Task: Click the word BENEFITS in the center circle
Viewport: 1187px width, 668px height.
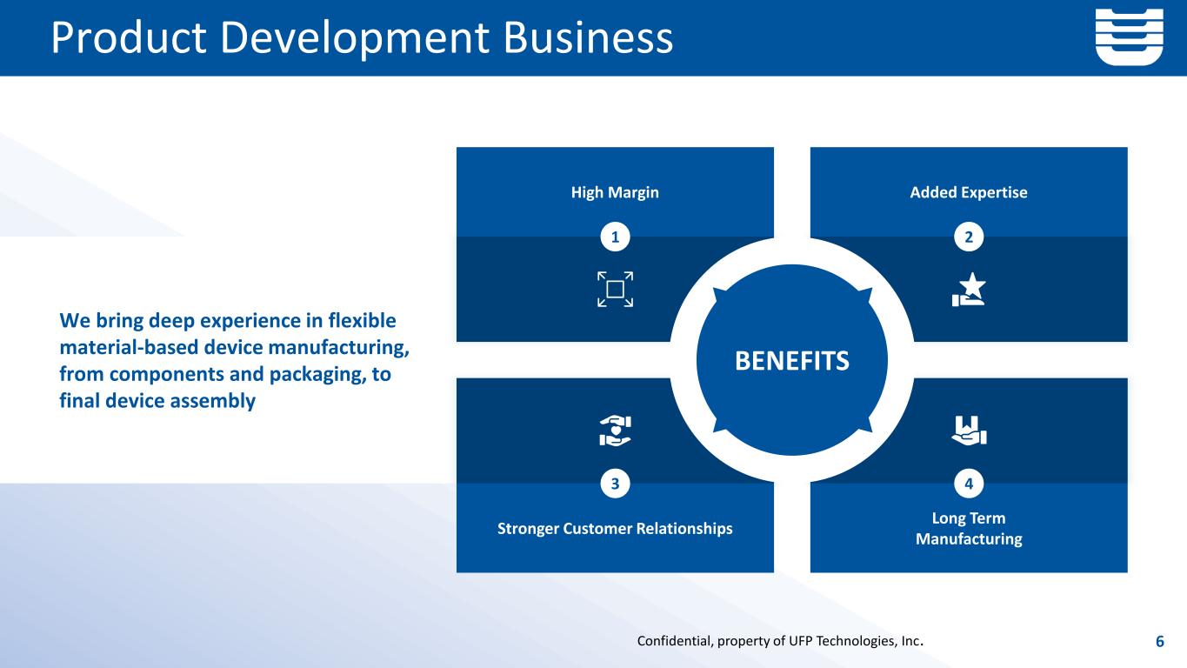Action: tap(791, 360)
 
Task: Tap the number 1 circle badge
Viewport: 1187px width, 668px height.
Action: tap(615, 237)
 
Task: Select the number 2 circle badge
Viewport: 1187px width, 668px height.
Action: tap(969, 237)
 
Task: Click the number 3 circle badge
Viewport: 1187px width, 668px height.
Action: tap(615, 483)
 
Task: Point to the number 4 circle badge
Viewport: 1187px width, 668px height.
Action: tap(969, 483)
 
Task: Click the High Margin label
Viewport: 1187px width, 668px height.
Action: tap(615, 193)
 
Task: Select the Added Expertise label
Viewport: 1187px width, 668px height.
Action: tap(969, 193)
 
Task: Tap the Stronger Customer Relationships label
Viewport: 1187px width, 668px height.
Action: tap(615, 529)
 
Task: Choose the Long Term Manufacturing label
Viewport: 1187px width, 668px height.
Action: tap(969, 529)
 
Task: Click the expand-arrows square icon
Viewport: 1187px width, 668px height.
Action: tap(615, 289)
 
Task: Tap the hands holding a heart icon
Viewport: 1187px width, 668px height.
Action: tap(615, 430)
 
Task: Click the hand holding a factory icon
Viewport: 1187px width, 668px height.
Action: tap(969, 429)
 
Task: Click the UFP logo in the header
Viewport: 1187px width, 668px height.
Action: tap(1129, 37)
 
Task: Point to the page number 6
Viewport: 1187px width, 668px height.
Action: tap(1159, 642)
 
